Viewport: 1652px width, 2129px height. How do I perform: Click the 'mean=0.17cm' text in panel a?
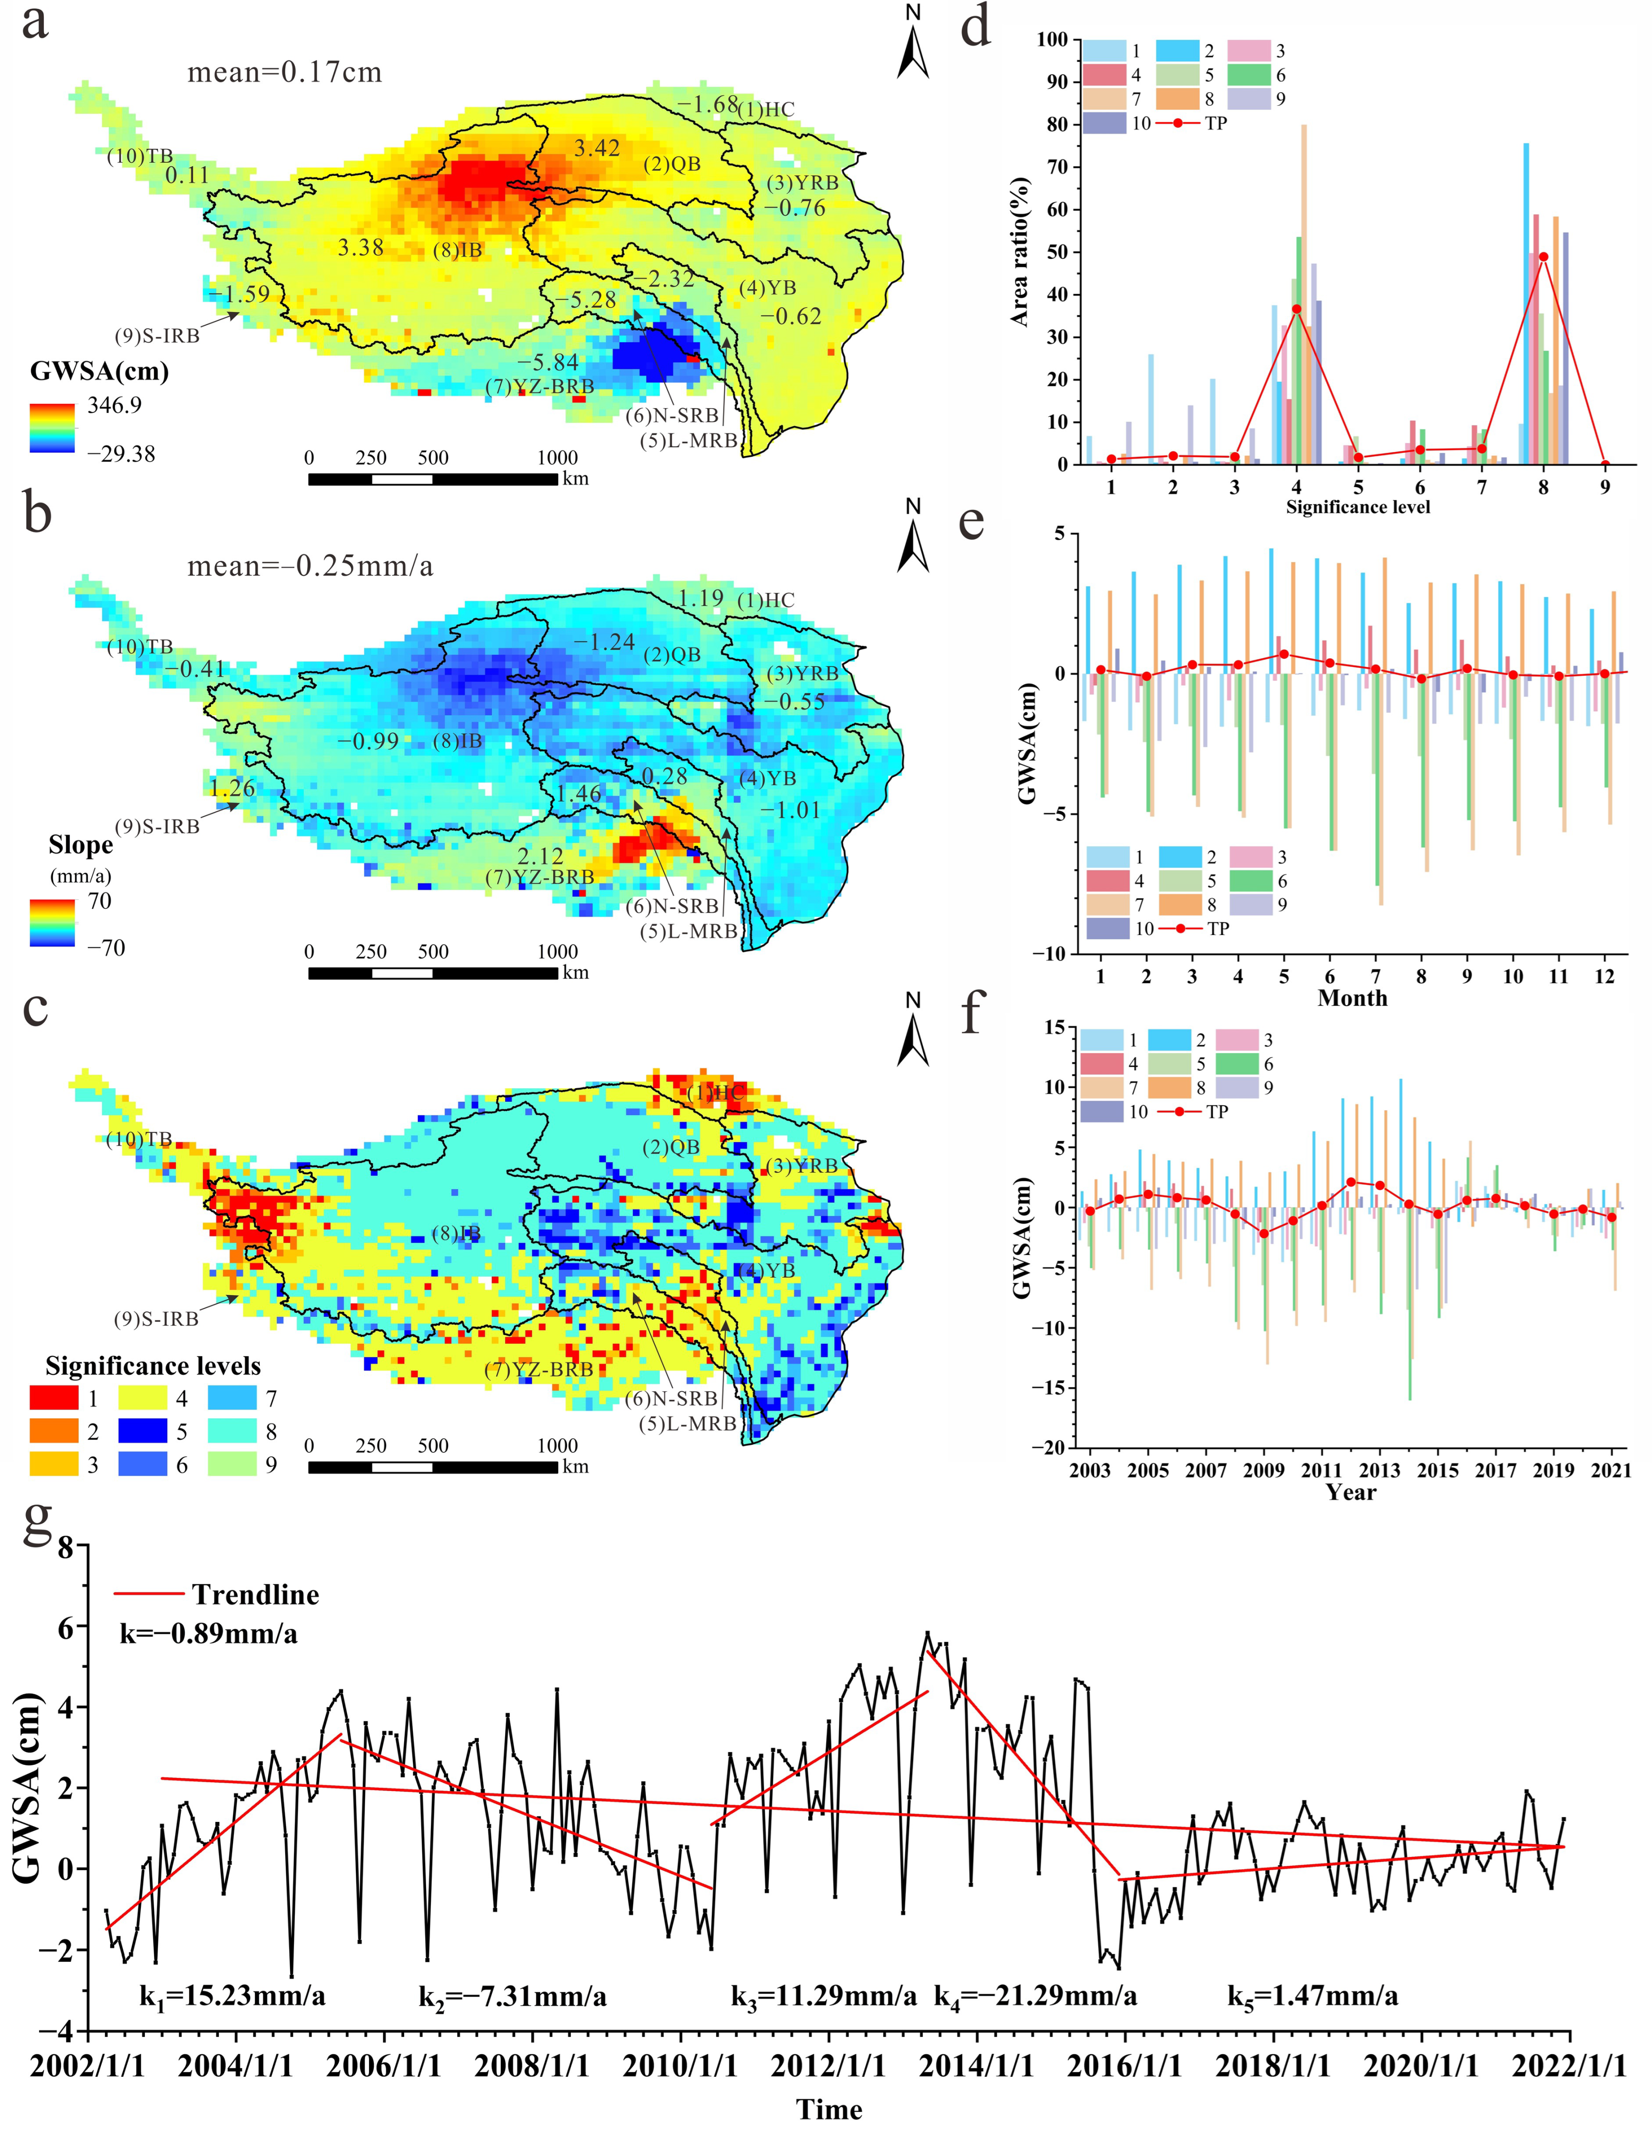coord(285,72)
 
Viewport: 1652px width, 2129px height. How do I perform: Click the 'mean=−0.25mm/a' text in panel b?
coord(310,566)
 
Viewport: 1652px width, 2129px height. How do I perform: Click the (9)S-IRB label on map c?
coord(157,1319)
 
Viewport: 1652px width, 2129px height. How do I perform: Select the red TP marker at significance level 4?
coord(1296,309)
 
